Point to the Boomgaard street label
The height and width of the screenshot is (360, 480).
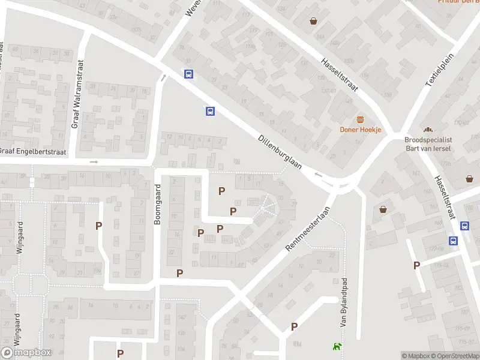158,205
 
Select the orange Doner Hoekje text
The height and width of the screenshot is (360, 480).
361,130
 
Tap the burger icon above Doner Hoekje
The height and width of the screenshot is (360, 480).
361,119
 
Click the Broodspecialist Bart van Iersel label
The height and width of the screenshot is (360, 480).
428,144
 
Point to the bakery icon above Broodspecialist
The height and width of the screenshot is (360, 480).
428,130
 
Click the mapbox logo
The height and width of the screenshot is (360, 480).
26,353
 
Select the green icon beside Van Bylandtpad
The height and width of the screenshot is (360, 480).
336,346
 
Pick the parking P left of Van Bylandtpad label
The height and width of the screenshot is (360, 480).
294,326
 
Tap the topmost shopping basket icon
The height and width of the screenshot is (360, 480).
313,22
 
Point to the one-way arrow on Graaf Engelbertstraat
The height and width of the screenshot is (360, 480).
94,162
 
